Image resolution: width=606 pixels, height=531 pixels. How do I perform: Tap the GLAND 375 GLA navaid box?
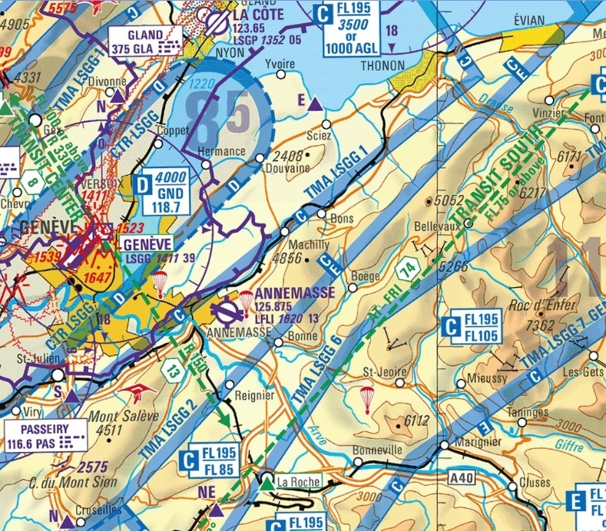click(147, 41)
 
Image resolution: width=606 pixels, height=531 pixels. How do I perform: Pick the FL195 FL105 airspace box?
click(473, 327)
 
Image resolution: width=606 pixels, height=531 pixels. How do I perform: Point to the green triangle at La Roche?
click(267, 483)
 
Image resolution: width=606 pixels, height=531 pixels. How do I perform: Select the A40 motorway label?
click(462, 479)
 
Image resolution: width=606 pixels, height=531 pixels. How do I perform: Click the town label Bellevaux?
click(436, 228)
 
